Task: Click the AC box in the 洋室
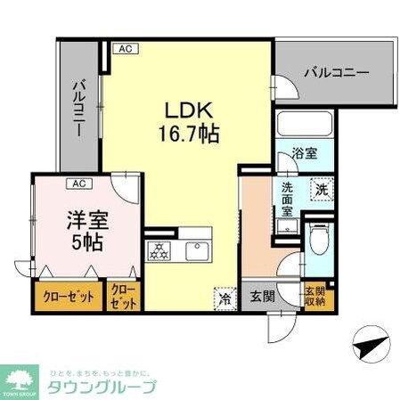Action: coord(78,184)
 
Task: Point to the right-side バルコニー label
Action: coord(334,72)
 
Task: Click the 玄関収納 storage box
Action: coord(316,296)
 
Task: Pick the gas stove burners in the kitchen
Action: coord(160,252)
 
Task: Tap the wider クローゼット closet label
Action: coord(69,297)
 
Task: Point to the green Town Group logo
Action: coord(20,379)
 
